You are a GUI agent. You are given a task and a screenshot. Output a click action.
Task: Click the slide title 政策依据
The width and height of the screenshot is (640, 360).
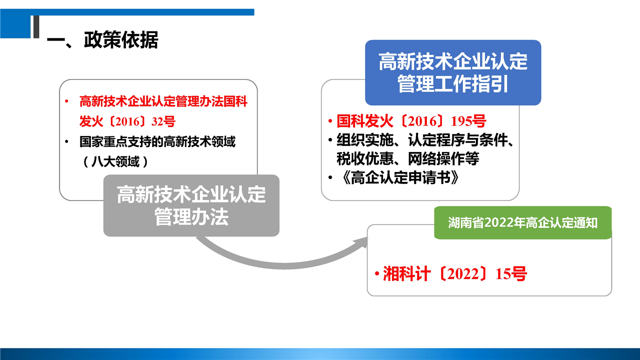tap(121, 39)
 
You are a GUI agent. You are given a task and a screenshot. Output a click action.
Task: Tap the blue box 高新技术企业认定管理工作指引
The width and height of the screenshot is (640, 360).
tap(453, 72)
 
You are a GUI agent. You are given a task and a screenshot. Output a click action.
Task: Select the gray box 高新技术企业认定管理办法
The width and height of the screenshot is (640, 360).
tap(191, 205)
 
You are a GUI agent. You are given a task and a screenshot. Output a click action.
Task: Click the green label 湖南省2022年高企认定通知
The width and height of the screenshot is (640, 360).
tap(523, 222)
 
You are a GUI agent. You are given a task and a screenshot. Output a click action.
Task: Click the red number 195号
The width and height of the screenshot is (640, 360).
tap(468, 121)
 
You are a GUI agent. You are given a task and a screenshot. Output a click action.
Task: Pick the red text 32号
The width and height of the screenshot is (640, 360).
tap(163, 121)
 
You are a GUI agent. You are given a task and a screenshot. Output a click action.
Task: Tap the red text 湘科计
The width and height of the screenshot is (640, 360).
tap(406, 273)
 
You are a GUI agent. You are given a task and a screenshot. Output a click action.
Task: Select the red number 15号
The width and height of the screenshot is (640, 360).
tap(511, 273)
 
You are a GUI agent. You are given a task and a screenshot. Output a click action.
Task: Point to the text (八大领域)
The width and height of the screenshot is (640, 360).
tap(115, 161)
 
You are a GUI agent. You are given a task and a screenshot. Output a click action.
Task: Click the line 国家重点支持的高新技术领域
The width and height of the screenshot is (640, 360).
tap(157, 141)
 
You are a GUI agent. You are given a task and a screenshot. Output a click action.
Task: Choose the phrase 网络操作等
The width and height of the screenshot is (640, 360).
tap(443, 158)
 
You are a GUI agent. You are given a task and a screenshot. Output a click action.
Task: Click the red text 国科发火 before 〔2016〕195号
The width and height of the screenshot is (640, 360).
tap(365, 121)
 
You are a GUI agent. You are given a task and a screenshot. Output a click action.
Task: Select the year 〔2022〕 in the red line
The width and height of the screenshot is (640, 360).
tap(463, 273)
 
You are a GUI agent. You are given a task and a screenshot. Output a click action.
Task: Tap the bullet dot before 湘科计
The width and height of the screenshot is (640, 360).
tap(377, 273)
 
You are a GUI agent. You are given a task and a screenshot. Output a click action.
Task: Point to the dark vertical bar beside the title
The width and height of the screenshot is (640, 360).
tap(36, 26)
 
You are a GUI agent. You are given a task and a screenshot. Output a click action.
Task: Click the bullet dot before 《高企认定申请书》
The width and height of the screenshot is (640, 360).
tap(330, 177)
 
